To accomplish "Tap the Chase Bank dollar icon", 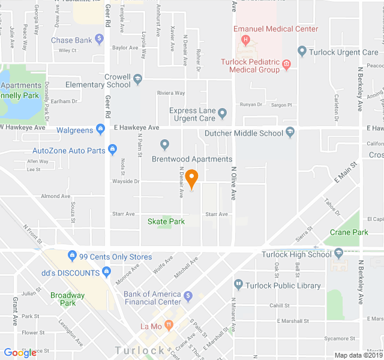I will click(100, 40).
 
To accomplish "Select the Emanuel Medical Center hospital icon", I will click(245, 40).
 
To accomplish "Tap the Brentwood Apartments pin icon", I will click(165, 145).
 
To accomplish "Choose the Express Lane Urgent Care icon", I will click(222, 113).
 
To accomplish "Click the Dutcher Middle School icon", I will click(290, 132).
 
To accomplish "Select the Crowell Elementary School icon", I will click(138, 79).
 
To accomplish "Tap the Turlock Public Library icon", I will click(238, 284).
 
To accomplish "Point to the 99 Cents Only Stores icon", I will click(73, 255).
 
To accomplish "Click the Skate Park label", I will click(166, 221).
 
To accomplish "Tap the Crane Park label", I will click(349, 232).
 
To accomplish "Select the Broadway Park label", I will click(67, 299).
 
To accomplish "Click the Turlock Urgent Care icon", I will click(302, 52).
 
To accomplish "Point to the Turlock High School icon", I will click(339, 253).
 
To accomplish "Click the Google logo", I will click(20, 353).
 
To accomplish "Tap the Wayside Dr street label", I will click(125, 181).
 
